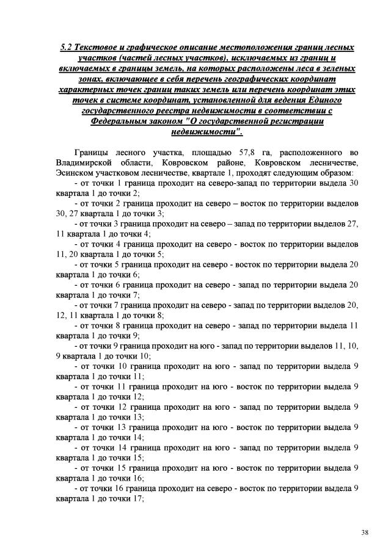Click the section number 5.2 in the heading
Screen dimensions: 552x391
(x=67, y=46)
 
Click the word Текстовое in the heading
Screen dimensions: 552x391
(x=102, y=46)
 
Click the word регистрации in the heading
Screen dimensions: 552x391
(x=308, y=122)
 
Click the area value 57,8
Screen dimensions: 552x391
(x=252, y=151)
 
